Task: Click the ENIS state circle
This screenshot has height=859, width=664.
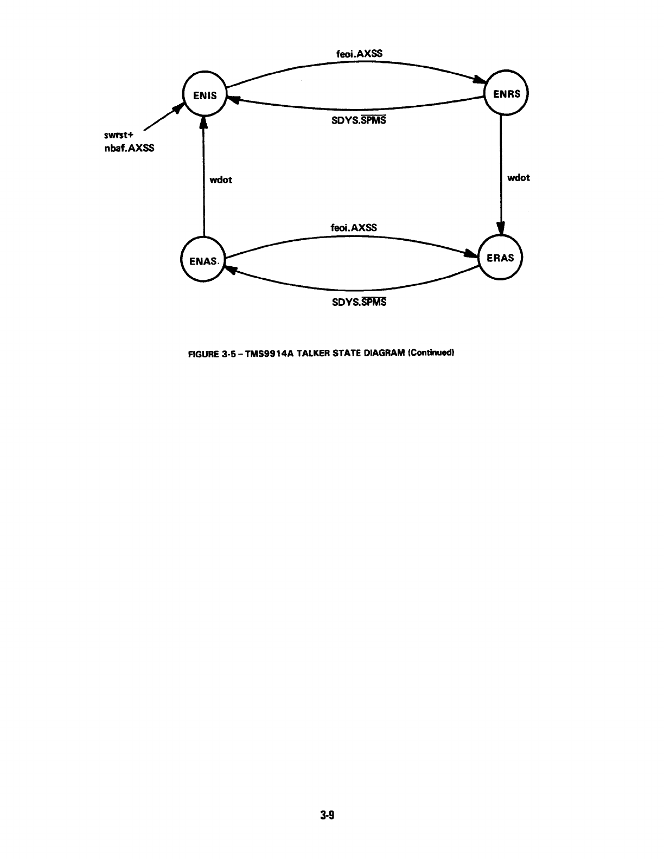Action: pyautogui.click(x=203, y=95)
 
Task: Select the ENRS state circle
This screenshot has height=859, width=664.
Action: pyautogui.click(x=507, y=94)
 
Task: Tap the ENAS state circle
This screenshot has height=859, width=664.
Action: pyautogui.click(x=202, y=260)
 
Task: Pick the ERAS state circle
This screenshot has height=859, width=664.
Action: pyautogui.click(x=500, y=258)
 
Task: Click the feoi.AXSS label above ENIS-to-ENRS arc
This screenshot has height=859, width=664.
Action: pyautogui.click(x=360, y=54)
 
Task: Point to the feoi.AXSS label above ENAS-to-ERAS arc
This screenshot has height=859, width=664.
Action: pyautogui.click(x=354, y=227)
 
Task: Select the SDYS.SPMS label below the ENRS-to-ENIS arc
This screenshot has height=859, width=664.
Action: pyautogui.click(x=359, y=120)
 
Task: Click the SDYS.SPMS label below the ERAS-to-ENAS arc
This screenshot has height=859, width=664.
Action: pyautogui.click(x=359, y=302)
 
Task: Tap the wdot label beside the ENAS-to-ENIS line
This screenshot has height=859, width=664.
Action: pyautogui.click(x=221, y=180)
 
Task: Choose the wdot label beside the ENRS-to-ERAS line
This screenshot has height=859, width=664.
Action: pyautogui.click(x=518, y=177)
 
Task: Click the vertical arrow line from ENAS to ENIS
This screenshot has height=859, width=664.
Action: pyautogui.click(x=203, y=179)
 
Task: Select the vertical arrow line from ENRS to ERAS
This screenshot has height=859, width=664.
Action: pyautogui.click(x=501, y=174)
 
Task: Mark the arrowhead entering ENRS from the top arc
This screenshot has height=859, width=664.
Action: pyautogui.click(x=480, y=80)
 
